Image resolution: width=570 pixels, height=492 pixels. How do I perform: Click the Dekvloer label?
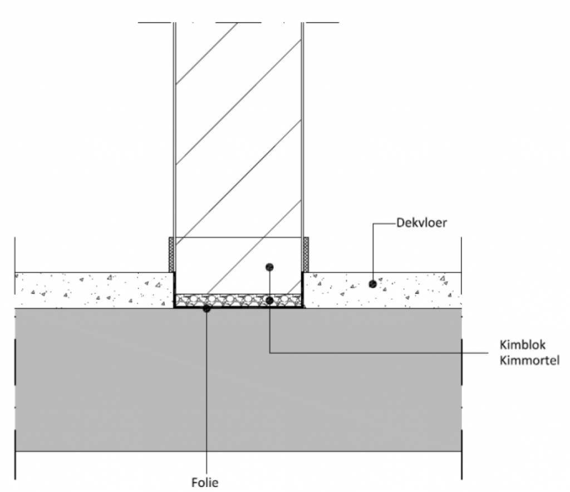click(421, 224)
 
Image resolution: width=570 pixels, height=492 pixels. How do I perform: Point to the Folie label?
click(205, 482)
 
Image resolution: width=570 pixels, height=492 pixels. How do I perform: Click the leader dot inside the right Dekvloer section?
click(373, 284)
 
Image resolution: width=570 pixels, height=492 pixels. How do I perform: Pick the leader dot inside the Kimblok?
click(269, 267)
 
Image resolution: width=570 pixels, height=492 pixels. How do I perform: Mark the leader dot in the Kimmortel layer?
click(269, 301)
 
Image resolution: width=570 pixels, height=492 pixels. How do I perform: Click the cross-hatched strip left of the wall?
click(171, 255)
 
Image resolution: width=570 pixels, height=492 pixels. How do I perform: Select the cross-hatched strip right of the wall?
click(306, 255)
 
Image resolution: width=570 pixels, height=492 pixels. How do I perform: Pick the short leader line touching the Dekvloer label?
click(384, 224)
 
